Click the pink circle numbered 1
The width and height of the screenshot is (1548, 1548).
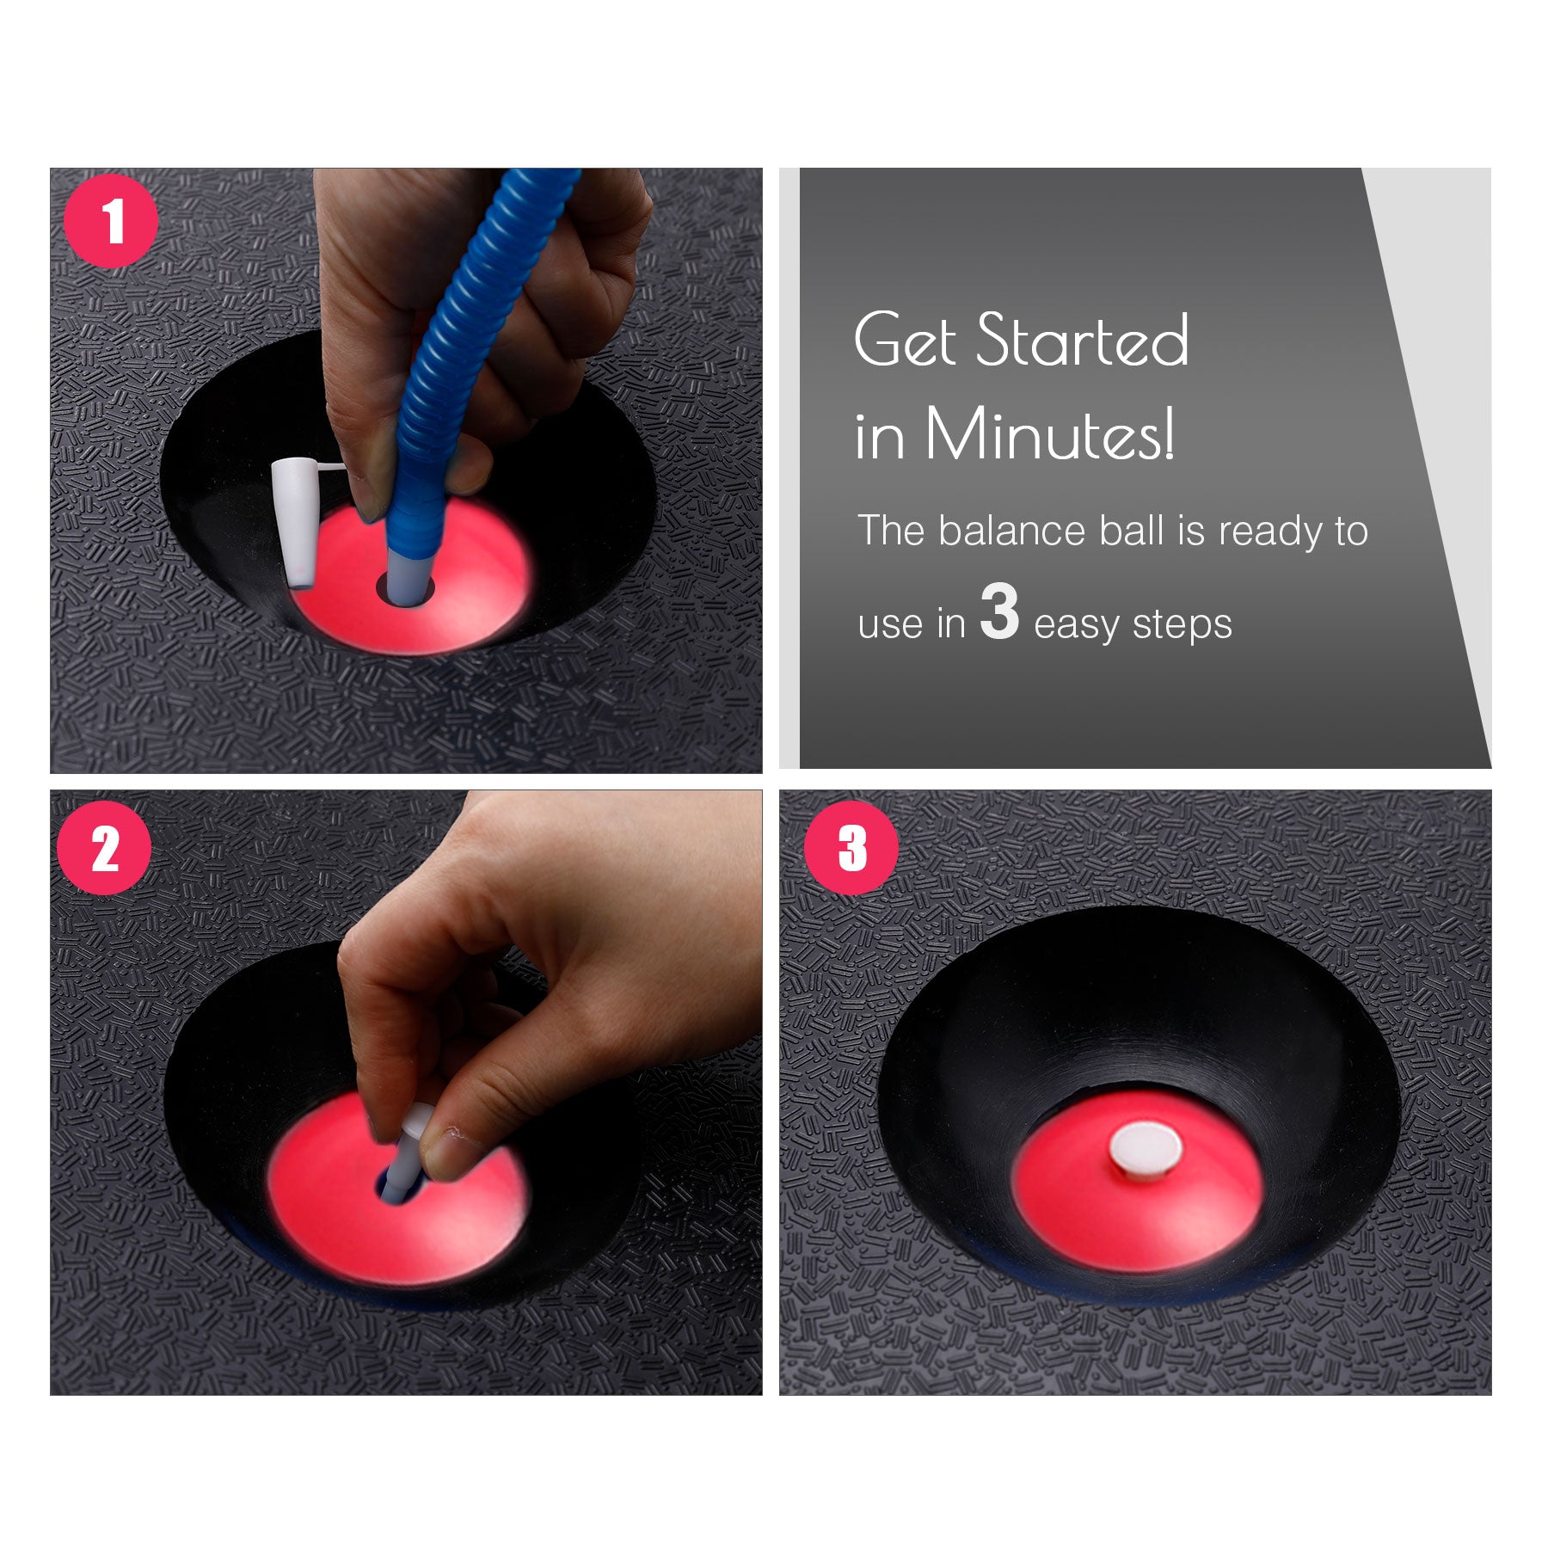point(111,221)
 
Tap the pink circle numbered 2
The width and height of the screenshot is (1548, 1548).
point(104,848)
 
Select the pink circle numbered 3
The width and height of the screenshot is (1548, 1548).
point(851,848)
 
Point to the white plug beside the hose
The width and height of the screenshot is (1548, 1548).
point(293,525)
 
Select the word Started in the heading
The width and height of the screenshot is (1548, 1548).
point(1084,341)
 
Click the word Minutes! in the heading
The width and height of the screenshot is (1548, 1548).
point(1049,435)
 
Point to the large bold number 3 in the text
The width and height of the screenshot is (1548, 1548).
point(999,612)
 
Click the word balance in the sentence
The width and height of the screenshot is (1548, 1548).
point(1011,531)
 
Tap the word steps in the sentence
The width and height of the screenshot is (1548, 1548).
point(1182,625)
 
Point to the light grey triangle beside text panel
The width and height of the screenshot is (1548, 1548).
point(1445,387)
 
